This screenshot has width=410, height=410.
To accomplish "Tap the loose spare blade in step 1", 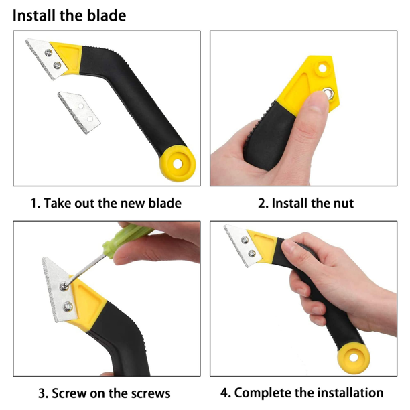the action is pyautogui.click(x=79, y=113).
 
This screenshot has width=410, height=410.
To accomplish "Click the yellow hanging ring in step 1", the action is pyautogui.click(x=178, y=163).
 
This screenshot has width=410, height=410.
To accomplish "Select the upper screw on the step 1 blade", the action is pyautogui.click(x=48, y=53).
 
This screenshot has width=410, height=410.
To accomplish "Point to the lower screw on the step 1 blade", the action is pyautogui.click(x=57, y=65).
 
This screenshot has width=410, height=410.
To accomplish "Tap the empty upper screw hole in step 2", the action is pyautogui.click(x=322, y=68).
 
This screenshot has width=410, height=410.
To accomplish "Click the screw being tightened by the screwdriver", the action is pyautogui.click(x=64, y=287).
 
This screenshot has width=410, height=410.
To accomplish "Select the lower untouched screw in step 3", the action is pyautogui.click(x=68, y=306).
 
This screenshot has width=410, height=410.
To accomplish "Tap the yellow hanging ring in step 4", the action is pyautogui.click(x=354, y=357).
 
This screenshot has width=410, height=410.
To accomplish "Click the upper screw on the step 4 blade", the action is pyautogui.click(x=245, y=240).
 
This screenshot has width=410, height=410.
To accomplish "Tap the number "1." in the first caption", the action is pyautogui.click(x=36, y=203).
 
